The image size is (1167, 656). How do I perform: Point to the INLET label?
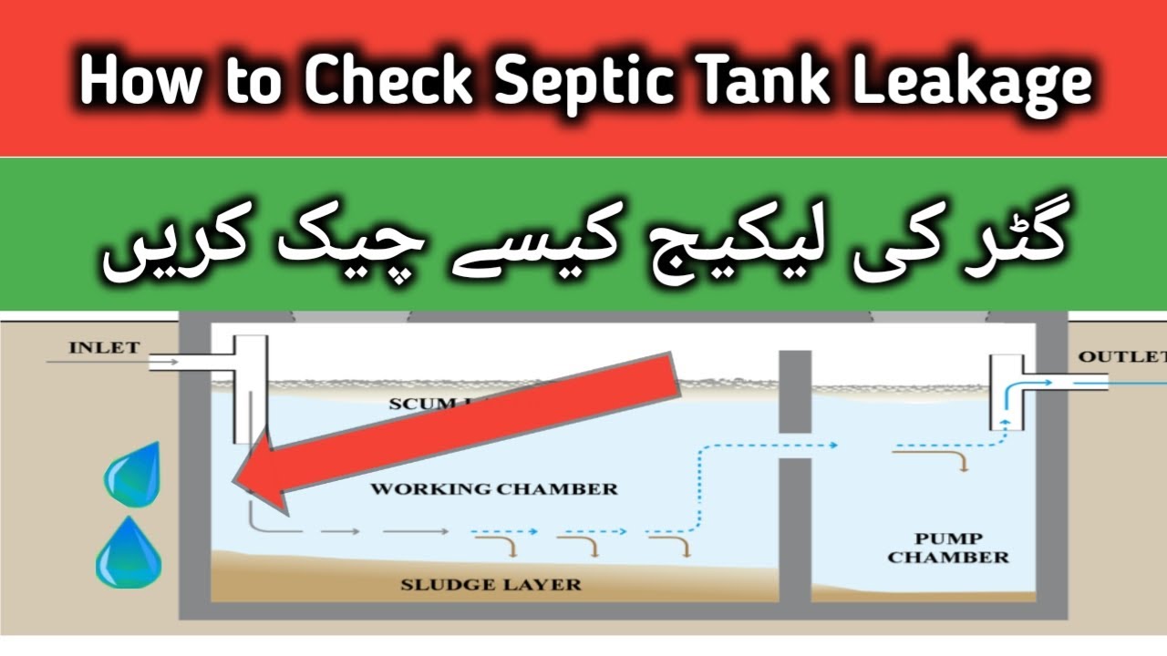[x=104, y=347]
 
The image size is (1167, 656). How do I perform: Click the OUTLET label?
[x=1122, y=356]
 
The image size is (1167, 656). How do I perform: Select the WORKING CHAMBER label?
[x=493, y=489]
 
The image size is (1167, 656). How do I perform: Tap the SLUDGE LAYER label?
[x=491, y=584]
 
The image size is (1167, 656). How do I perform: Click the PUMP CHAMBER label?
[x=948, y=547]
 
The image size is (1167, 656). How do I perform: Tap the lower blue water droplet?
[x=129, y=554]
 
